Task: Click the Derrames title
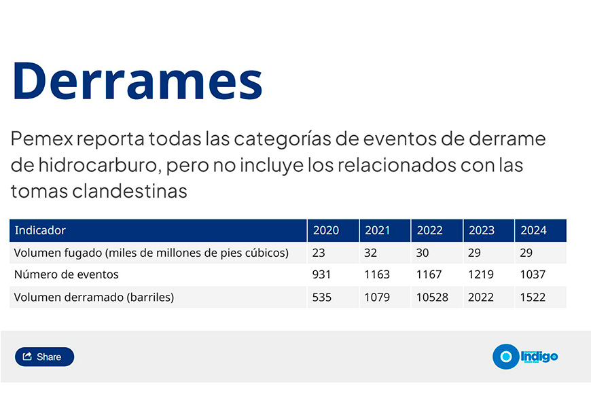(138, 81)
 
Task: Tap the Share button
(44, 357)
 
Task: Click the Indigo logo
(525, 356)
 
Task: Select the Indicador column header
(40, 230)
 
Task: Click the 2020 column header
(326, 230)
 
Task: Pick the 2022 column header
(430, 230)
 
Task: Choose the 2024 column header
(533, 230)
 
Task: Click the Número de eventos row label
(67, 274)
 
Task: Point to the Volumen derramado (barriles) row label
(94, 297)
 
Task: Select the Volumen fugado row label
(151, 253)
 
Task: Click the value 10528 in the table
(432, 297)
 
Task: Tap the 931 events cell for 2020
(321, 274)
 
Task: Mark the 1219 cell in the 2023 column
(480, 274)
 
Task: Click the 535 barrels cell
(322, 297)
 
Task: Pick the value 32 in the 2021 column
(370, 253)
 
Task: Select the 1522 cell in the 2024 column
(533, 297)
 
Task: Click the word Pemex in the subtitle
(41, 139)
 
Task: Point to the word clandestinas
(130, 191)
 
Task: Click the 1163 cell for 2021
(377, 274)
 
